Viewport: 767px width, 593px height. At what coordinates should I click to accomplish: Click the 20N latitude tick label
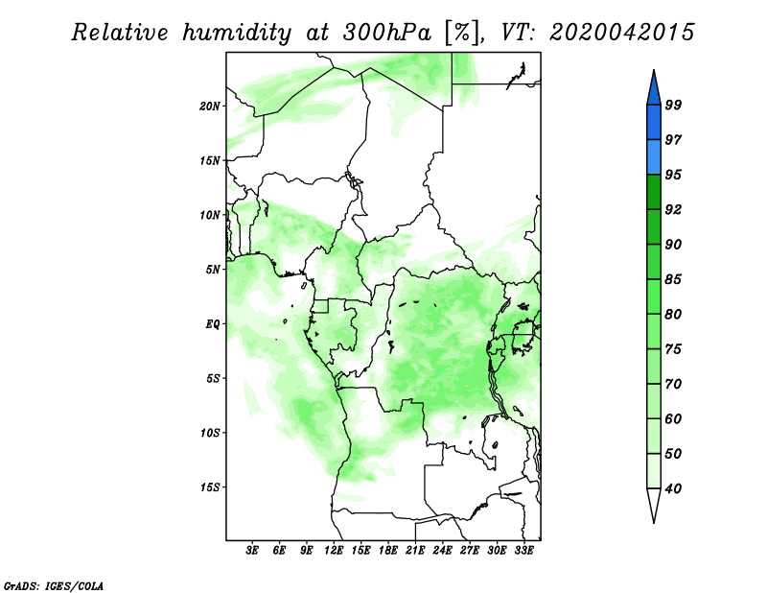[210, 106]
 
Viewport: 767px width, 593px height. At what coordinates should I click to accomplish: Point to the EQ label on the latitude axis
[213, 324]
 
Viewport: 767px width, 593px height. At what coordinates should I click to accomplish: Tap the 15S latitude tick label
[210, 487]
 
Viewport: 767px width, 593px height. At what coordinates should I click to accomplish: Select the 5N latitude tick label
[213, 270]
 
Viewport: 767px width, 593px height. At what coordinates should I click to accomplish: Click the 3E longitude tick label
[252, 550]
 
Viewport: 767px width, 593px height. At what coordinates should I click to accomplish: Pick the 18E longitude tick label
[388, 550]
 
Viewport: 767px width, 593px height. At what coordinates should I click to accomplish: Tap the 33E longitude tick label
[523, 550]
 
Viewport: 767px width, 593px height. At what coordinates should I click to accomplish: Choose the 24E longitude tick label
[442, 550]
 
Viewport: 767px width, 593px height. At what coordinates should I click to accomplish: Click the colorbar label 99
[673, 105]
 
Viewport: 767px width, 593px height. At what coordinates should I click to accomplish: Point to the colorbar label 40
[673, 488]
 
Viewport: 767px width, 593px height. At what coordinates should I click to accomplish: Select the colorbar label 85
[673, 279]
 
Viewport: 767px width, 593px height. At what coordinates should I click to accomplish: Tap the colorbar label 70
[673, 384]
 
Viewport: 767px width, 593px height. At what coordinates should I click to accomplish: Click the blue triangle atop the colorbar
[654, 90]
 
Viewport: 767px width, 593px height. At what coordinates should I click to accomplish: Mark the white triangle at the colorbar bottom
[654, 502]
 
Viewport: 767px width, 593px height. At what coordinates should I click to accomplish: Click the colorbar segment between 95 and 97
[654, 157]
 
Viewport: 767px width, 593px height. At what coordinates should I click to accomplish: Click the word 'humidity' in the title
[237, 33]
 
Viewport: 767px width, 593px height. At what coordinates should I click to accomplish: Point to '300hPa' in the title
[386, 33]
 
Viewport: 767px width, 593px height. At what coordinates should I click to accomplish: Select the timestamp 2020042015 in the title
[621, 33]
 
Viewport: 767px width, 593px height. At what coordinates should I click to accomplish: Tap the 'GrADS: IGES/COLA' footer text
[54, 585]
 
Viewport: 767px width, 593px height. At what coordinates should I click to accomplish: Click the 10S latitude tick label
[210, 433]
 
